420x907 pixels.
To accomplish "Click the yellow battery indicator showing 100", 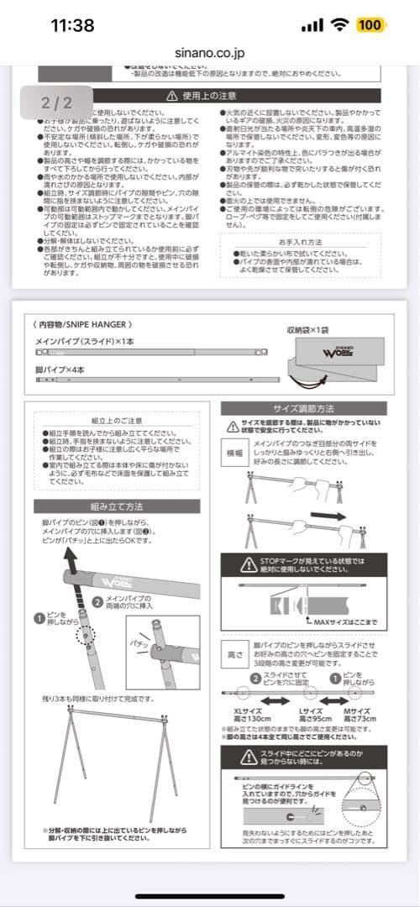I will point(370,25).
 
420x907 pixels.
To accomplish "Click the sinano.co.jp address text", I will point(210,50).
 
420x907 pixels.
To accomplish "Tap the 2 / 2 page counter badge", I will point(57,103).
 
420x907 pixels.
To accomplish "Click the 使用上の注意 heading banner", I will point(210,97).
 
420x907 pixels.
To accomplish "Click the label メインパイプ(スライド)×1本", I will point(86,343).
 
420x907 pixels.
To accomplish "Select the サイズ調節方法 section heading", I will point(303,407).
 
